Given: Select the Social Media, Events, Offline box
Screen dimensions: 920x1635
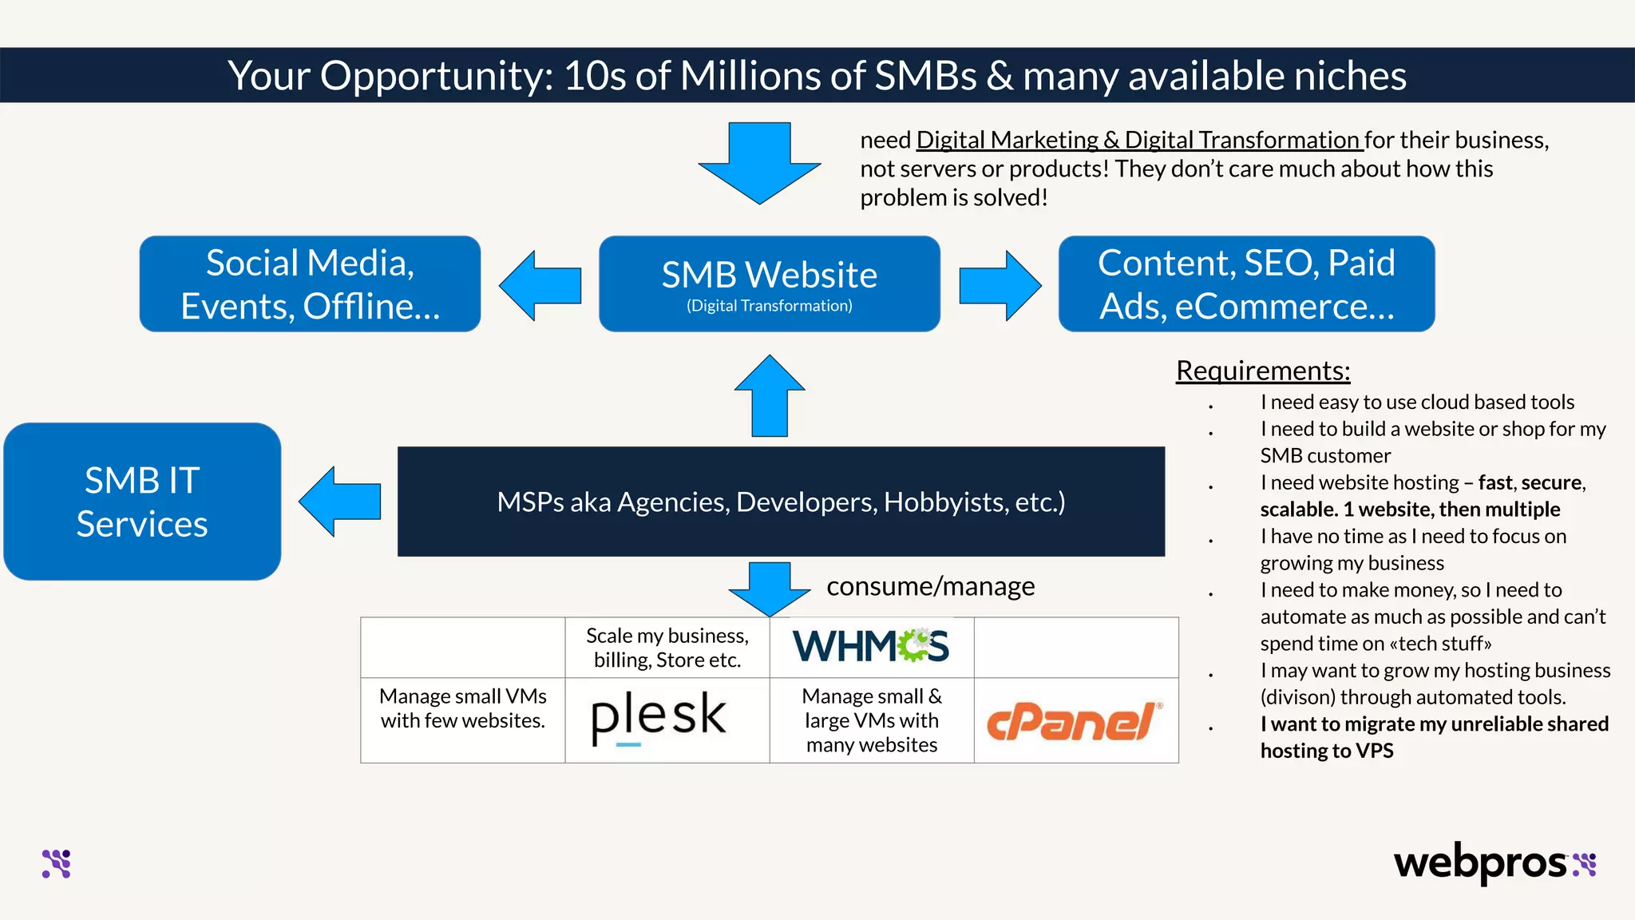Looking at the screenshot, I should [x=310, y=284].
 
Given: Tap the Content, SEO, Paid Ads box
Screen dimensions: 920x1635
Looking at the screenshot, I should [x=1246, y=284].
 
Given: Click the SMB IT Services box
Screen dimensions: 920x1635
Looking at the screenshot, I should [x=142, y=502].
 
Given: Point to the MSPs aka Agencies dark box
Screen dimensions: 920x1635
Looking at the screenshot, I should [x=781, y=502].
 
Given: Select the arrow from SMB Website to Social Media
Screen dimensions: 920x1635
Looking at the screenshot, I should [x=540, y=286].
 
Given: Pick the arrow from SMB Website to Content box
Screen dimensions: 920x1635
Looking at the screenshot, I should [x=1000, y=286].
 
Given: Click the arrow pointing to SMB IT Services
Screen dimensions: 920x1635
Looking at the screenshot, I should [x=340, y=502].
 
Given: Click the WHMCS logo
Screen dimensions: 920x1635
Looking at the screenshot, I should [x=871, y=646].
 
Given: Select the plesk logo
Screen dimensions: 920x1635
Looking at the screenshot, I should [x=659, y=717].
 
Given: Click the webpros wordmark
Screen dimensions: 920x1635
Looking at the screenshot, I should [x=1480, y=863].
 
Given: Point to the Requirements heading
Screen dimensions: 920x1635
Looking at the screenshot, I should [x=1263, y=371].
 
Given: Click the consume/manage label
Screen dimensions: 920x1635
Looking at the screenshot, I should [x=931, y=586].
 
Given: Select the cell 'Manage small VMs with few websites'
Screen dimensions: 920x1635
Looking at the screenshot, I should [x=463, y=708].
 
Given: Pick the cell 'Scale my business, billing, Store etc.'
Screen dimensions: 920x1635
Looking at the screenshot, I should [x=667, y=648].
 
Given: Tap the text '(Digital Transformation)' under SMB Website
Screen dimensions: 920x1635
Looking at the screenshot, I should [x=769, y=306].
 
